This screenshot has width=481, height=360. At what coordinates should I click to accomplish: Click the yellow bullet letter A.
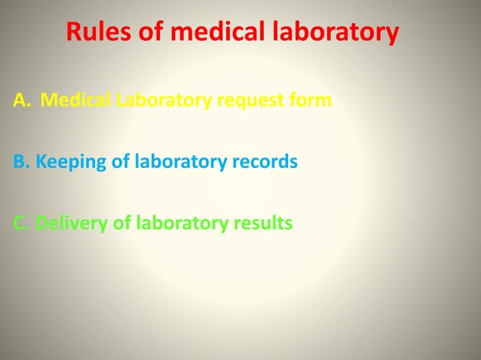tap(20, 99)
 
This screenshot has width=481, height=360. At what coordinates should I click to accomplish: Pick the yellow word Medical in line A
tap(76, 99)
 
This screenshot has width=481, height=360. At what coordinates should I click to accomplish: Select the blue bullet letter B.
tap(20, 162)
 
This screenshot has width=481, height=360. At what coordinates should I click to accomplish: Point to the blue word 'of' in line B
tap(121, 162)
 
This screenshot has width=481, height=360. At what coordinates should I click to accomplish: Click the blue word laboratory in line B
tap(176, 163)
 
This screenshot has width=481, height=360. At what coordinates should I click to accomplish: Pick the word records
tap(260, 162)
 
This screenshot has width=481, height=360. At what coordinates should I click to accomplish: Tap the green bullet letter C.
tap(20, 224)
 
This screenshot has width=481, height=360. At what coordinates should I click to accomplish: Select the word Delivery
tap(72, 224)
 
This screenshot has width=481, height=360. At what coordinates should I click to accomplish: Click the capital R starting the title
tap(74, 33)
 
